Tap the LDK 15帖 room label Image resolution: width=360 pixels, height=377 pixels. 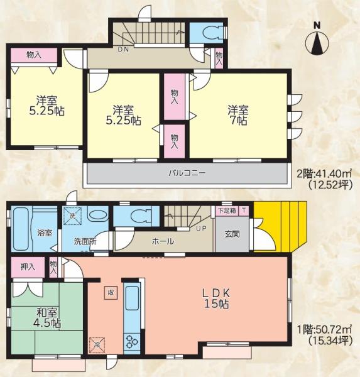pos(216,298)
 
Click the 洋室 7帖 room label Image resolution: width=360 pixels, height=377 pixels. pos(238,115)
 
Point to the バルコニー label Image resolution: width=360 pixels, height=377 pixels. pos(187,173)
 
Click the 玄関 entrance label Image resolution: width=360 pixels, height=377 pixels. pos(232,234)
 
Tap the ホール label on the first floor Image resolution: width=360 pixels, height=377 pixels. pos(163,241)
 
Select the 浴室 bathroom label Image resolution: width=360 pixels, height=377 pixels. pos(45,232)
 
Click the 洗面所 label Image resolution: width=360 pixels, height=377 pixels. pos(85,241)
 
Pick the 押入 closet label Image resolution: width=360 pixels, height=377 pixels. pos(28,266)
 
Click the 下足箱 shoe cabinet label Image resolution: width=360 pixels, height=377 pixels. pos(227,210)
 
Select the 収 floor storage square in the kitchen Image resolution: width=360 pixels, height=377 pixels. pos(111,293)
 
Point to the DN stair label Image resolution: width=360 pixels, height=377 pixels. pos(123,50)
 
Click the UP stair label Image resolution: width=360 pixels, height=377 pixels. pos(201,229)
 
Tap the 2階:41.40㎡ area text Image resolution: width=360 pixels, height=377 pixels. pos(324,173)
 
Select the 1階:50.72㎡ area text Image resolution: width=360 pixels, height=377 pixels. pos(324,329)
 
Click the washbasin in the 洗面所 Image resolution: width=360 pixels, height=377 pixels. pos(97,215)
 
